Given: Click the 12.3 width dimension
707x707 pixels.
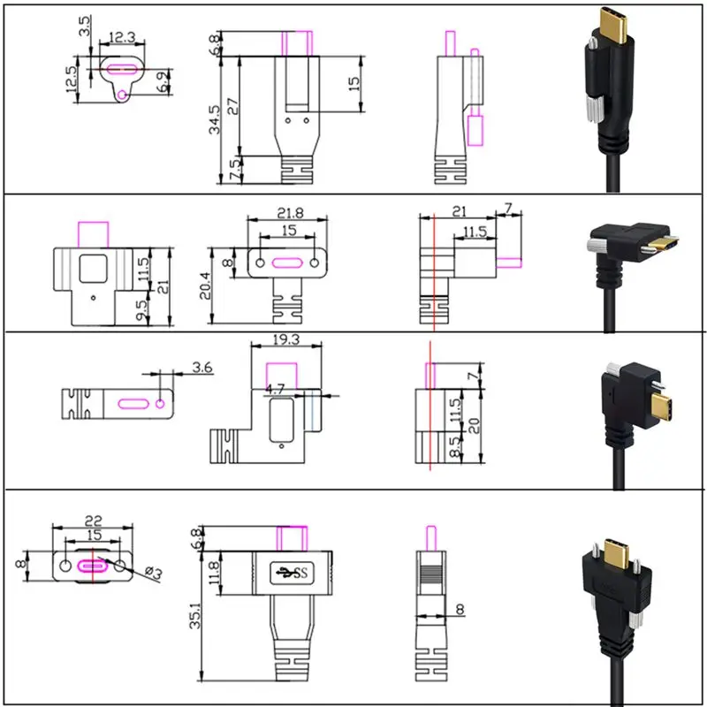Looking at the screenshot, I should pos(122,38).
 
